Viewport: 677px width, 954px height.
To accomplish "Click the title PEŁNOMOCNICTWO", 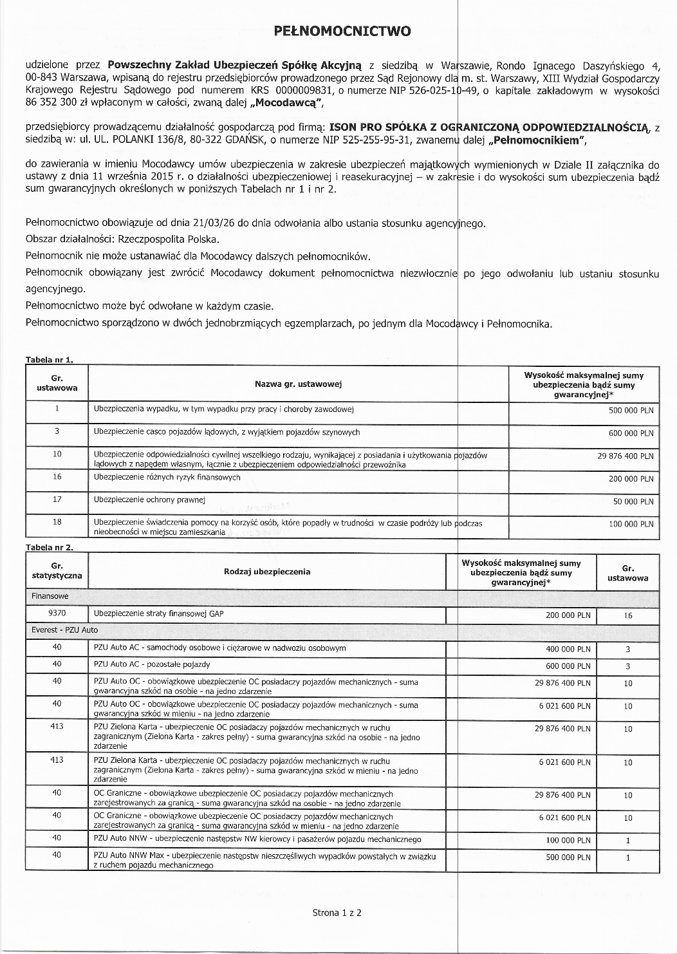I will point(342,31).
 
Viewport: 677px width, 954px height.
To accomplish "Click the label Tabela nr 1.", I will point(49,359).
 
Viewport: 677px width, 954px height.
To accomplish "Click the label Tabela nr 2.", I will point(49,547).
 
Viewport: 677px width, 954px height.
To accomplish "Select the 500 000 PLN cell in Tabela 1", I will point(631,410).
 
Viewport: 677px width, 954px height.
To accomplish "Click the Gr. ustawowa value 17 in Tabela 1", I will point(57,499).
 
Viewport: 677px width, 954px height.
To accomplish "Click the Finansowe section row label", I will point(50,597).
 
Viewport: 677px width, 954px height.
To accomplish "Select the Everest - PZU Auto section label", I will point(64,630).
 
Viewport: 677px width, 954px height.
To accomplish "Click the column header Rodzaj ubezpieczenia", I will point(267,572).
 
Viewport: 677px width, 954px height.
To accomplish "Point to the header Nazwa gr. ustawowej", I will point(298,384).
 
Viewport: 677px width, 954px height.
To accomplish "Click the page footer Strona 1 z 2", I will point(337,912).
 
